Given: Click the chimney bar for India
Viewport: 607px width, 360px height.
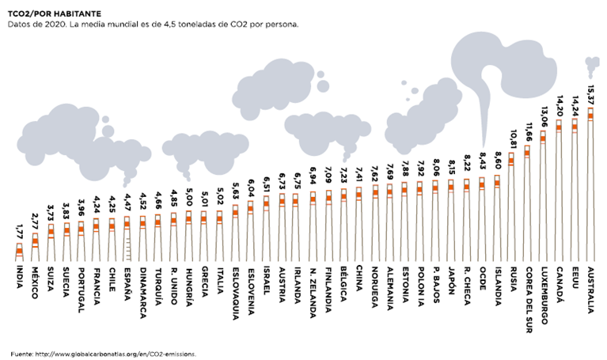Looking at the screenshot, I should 19,251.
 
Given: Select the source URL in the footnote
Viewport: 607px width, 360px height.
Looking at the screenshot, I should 121,354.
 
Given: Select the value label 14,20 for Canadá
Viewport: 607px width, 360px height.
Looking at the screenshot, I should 560,107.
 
